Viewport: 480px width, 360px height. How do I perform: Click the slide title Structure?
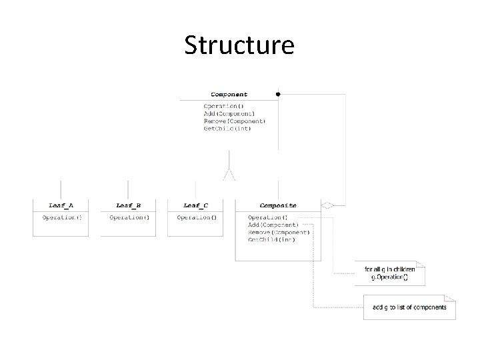(239, 45)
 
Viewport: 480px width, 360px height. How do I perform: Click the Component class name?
(229, 95)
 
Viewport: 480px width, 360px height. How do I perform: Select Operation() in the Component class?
(223, 107)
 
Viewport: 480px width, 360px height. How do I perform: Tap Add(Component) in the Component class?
(229, 114)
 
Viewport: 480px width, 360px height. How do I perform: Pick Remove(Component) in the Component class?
(235, 121)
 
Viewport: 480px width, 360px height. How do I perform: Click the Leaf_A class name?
(61, 205)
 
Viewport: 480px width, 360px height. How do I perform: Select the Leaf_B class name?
(128, 205)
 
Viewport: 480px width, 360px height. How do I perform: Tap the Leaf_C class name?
(195, 205)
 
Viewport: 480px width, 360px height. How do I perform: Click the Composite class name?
(278, 205)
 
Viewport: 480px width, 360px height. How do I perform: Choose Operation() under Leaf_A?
(61, 217)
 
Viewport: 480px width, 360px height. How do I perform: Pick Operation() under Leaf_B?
(129, 217)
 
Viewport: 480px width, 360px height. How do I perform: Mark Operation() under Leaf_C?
(196, 217)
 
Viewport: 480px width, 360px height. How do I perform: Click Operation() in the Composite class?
(267, 217)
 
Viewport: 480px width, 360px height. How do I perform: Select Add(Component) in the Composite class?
(273, 225)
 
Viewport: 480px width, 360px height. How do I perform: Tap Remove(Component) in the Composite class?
(279, 232)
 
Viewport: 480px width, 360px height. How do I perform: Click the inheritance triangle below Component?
(229, 174)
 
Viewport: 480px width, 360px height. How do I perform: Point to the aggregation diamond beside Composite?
(327, 205)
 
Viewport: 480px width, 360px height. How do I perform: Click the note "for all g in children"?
(389, 269)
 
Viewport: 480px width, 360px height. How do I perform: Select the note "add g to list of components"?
(409, 307)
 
